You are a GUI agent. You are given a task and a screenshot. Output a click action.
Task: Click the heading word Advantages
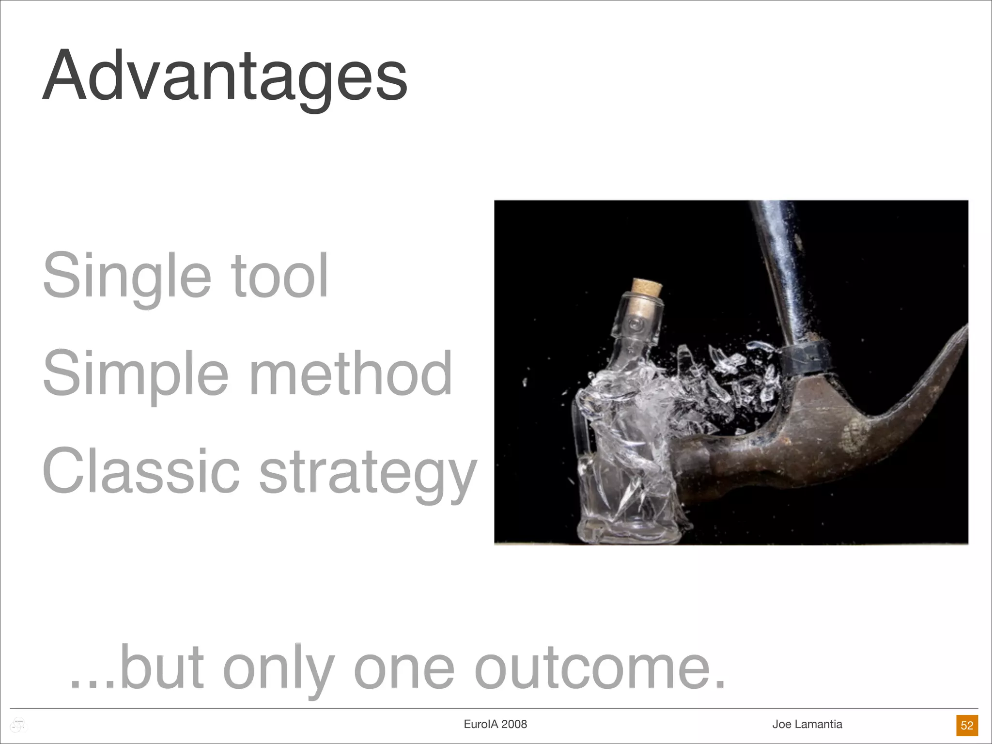pos(224,77)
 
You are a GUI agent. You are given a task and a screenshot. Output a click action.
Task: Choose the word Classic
pos(140,471)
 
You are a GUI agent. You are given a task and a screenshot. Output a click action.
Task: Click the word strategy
pos(368,472)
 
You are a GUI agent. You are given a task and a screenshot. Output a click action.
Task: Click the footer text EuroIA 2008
pos(495,724)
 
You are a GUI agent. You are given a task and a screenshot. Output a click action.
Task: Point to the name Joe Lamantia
pos(807,724)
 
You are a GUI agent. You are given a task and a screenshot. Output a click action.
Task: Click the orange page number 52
pos(967,725)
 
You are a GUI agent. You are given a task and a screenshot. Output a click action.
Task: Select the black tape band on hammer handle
pos(804,357)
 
